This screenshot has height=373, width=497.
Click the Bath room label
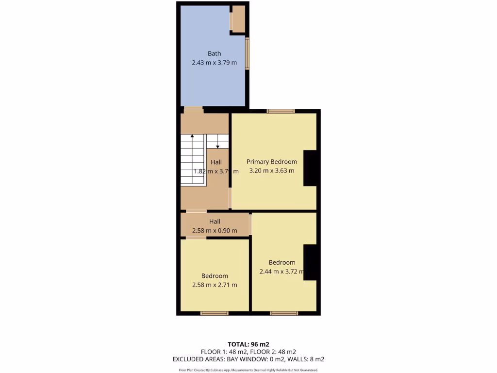(214, 53)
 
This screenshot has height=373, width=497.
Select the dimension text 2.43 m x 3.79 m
(214, 63)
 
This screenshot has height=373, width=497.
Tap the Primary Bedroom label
(271, 162)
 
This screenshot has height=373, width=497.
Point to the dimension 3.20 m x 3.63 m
(271, 170)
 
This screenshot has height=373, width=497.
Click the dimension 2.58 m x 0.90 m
(215, 230)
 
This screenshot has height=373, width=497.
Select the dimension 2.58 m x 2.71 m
(215, 285)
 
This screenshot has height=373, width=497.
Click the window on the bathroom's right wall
(247, 53)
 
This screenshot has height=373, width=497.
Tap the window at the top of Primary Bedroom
(281, 111)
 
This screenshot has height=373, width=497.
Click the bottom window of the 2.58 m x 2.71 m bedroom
(215, 313)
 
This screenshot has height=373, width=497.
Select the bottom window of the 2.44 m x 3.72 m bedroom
(284, 313)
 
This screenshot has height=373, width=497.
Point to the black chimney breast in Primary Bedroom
(310, 169)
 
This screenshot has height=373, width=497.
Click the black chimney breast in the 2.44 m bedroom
(310, 263)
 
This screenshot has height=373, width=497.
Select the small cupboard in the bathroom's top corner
(238, 19)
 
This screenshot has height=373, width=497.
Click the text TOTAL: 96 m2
(248, 344)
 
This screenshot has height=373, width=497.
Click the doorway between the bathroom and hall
(193, 108)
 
